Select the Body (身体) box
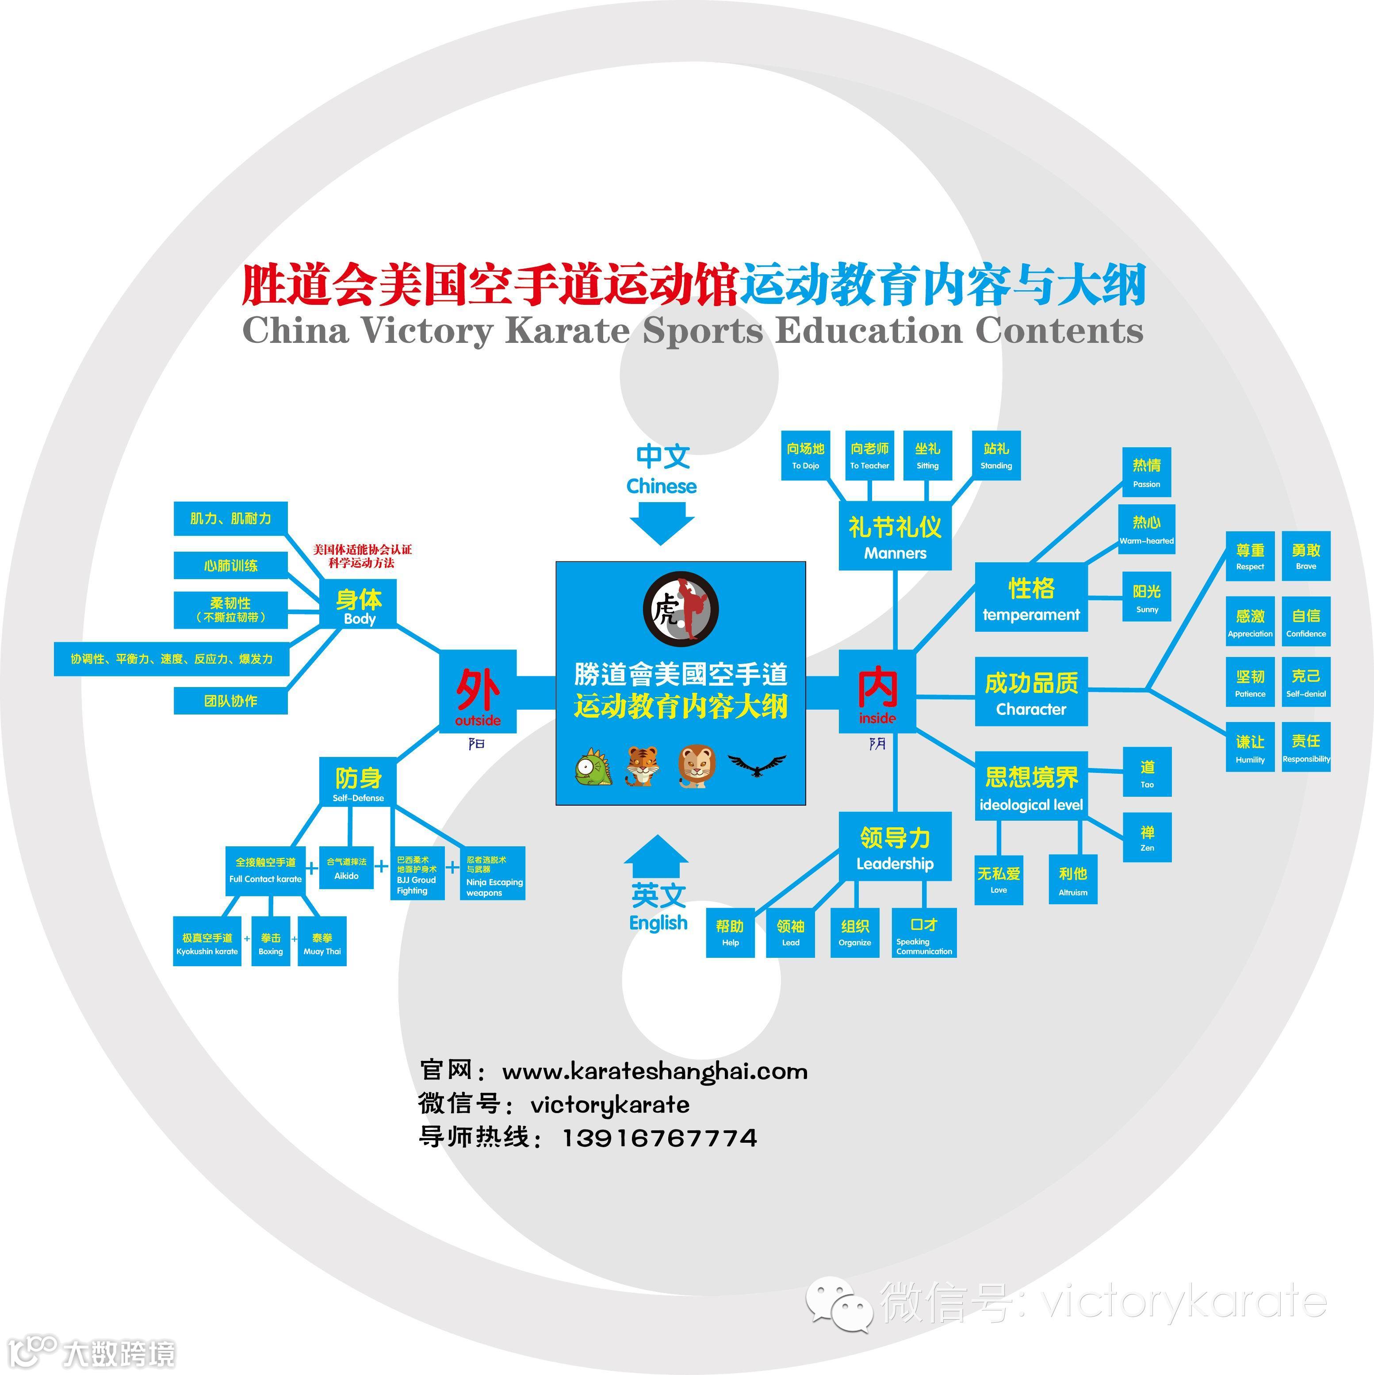[x=359, y=605]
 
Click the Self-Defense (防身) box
[x=358, y=781]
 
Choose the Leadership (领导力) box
[x=895, y=847]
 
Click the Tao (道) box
[x=1146, y=772]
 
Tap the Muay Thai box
[x=321, y=941]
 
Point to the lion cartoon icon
[x=697, y=766]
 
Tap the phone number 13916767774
[x=660, y=1138]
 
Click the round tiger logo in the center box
[x=680, y=610]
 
